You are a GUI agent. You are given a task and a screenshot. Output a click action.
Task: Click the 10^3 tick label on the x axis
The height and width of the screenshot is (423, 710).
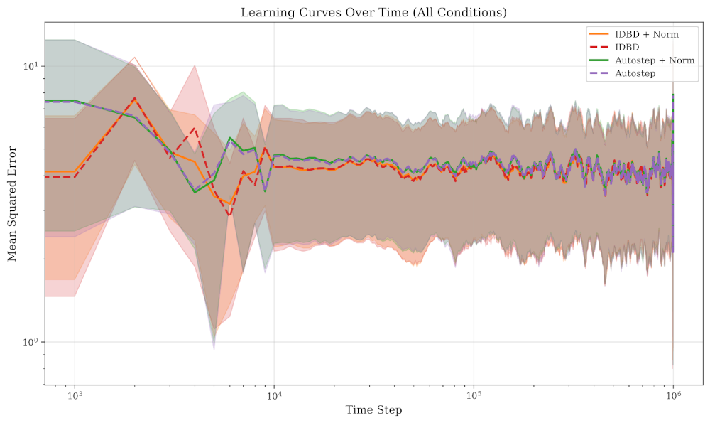(x=74, y=395)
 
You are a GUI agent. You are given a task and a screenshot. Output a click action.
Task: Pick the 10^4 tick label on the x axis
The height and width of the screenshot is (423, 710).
(x=274, y=395)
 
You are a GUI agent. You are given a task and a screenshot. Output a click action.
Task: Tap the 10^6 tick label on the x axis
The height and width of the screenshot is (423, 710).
(x=673, y=395)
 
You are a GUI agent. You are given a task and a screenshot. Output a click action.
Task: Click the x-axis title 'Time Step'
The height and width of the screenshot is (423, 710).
(x=373, y=410)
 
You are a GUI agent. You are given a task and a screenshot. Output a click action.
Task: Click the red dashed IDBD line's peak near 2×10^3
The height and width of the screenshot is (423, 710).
(x=134, y=98)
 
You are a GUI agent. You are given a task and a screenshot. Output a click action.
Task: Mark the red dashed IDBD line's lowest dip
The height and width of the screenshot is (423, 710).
(x=229, y=215)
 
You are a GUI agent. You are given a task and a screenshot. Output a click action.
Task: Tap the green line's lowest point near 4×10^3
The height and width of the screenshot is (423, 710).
(x=195, y=192)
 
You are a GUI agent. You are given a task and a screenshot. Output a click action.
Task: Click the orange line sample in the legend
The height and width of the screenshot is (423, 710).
(x=598, y=34)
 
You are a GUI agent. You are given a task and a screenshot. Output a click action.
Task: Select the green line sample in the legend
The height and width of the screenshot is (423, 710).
(x=598, y=60)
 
